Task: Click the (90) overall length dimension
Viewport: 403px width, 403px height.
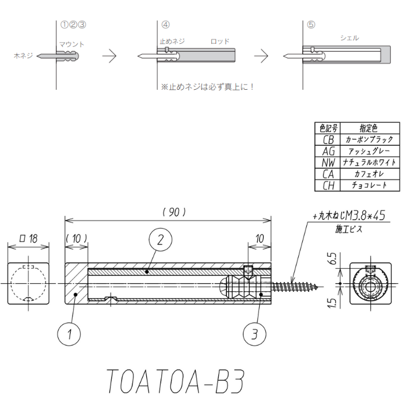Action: [174, 212]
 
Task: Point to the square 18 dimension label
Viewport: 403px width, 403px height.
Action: [29, 238]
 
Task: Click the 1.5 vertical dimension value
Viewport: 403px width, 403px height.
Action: [332, 303]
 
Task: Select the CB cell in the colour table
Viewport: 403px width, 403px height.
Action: [328, 139]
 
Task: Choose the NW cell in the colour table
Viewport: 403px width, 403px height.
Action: [328, 162]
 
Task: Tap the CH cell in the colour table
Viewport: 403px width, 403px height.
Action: [328, 185]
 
